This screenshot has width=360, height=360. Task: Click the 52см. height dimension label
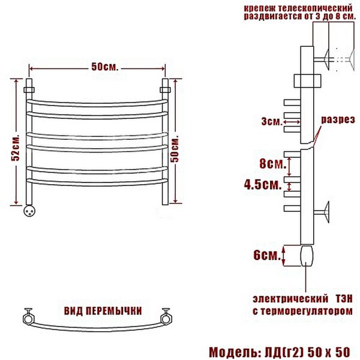[16, 147]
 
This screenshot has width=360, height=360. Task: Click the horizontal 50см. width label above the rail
[105, 67]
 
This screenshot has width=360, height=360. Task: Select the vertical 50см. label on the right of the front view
[175, 150]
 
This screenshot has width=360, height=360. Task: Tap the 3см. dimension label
[272, 121]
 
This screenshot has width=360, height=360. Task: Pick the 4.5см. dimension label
[263, 184]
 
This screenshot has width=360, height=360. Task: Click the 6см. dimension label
[267, 255]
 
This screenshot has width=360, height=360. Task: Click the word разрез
[338, 119]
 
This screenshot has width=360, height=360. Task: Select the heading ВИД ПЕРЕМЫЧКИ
[103, 311]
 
